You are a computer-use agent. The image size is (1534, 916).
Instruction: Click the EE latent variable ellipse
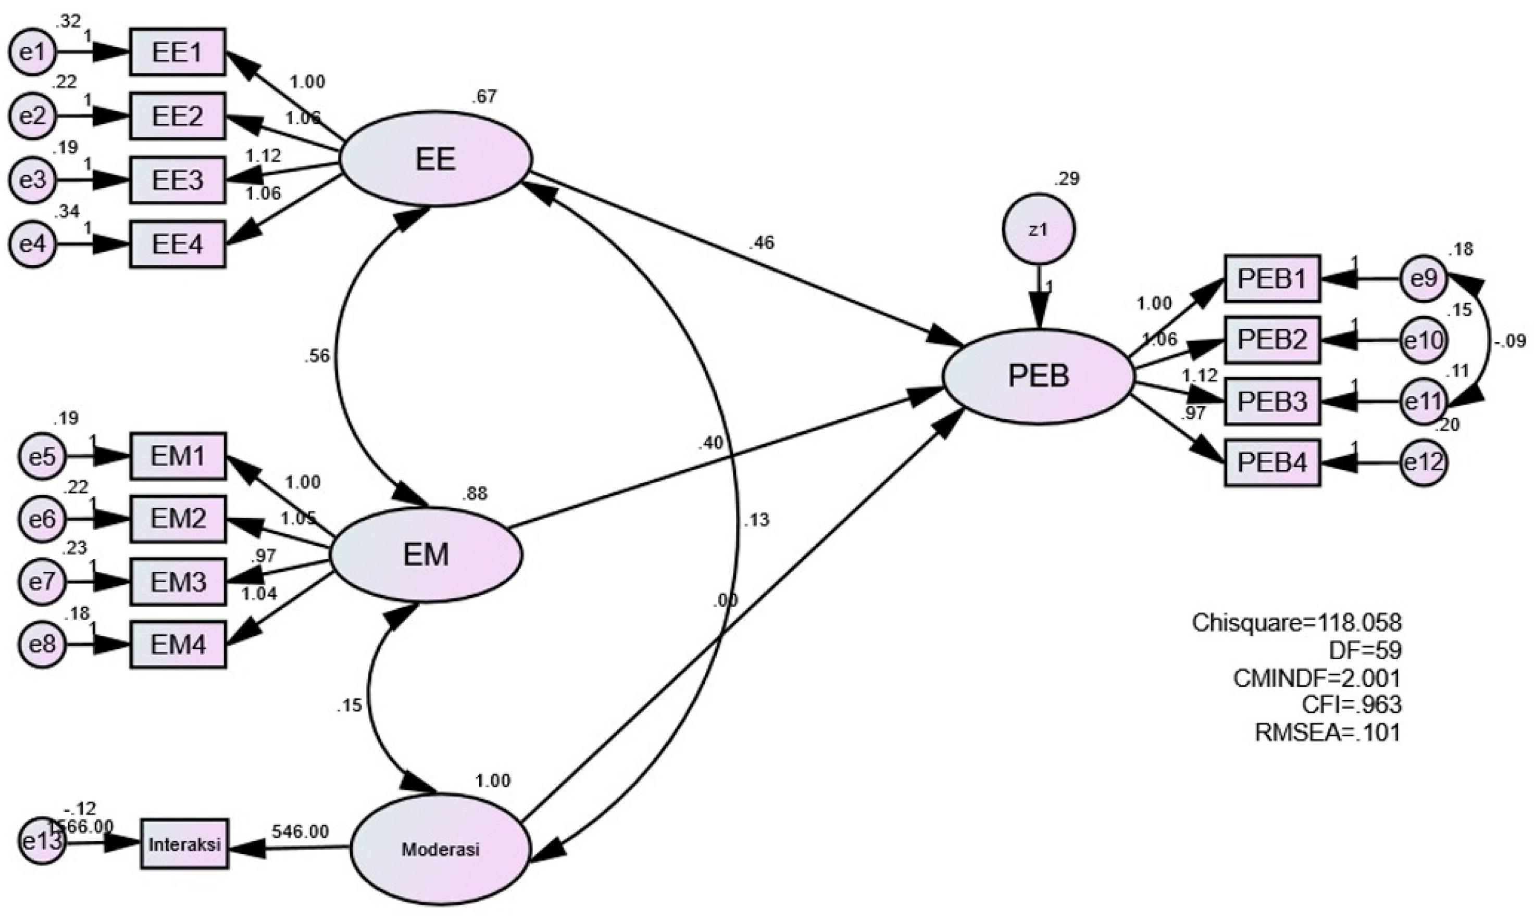coord(435,159)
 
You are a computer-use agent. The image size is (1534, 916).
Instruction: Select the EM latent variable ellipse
coord(426,555)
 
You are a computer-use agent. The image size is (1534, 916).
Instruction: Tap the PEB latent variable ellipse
coord(1038,376)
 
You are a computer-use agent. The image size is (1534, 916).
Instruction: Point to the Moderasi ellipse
coord(440,849)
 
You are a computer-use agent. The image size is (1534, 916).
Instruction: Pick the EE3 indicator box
coord(178,180)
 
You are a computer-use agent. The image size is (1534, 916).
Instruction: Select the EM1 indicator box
coord(178,456)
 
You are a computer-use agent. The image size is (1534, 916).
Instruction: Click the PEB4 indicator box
coord(1271,463)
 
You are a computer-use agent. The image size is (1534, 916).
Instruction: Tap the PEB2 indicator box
coord(1271,340)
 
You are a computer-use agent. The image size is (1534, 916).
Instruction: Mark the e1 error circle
coord(32,53)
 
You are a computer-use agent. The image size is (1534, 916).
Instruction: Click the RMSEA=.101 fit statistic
coord(1327,733)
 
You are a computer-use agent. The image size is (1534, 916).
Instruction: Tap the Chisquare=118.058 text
coord(1296,623)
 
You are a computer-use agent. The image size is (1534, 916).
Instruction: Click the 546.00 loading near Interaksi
coord(300,832)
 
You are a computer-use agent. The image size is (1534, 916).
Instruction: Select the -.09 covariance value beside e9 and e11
coord(1510,341)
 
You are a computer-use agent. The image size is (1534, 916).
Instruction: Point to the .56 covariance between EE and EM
coord(317,356)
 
